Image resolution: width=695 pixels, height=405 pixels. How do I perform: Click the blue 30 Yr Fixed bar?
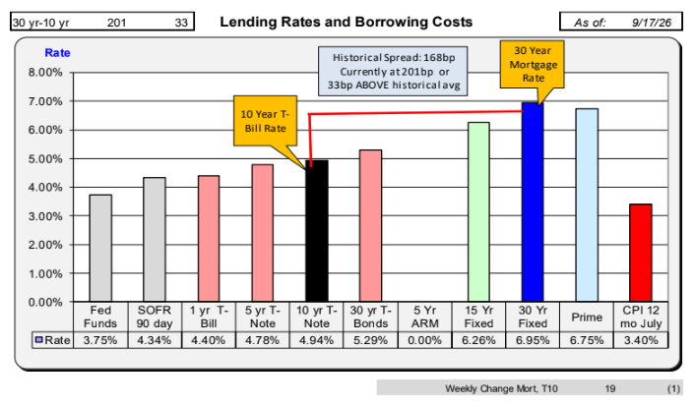coord(533,202)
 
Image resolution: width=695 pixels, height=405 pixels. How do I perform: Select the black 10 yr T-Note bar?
coord(317,231)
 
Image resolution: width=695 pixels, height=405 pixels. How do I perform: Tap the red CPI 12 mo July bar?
coord(641,253)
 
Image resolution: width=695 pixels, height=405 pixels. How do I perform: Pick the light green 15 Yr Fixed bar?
coord(478,212)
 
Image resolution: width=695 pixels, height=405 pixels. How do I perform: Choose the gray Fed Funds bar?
coord(100,249)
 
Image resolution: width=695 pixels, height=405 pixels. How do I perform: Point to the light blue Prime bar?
coord(587,204)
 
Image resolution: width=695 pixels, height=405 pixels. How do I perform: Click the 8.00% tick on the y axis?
coord(45,73)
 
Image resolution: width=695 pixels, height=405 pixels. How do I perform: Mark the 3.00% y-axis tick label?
coord(45,216)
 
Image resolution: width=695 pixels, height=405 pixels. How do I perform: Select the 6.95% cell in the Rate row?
coord(533,340)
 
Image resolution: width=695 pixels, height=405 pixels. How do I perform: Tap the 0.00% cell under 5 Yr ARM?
coord(424,340)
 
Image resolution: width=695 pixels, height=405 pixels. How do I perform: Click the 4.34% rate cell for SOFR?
coord(155,340)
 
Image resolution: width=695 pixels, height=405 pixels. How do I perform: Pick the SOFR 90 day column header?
coord(155,317)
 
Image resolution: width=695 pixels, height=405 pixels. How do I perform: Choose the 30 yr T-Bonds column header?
coord(370,317)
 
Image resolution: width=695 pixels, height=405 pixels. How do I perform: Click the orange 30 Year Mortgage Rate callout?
coord(532,65)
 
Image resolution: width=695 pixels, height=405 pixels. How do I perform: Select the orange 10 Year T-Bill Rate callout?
coord(265,121)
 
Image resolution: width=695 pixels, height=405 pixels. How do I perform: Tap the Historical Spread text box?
coord(393,71)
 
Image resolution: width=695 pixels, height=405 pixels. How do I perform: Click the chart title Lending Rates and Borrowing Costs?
coord(347,22)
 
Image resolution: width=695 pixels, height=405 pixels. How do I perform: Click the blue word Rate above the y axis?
coord(57,53)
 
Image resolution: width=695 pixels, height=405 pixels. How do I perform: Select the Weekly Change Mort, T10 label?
coord(501,388)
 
